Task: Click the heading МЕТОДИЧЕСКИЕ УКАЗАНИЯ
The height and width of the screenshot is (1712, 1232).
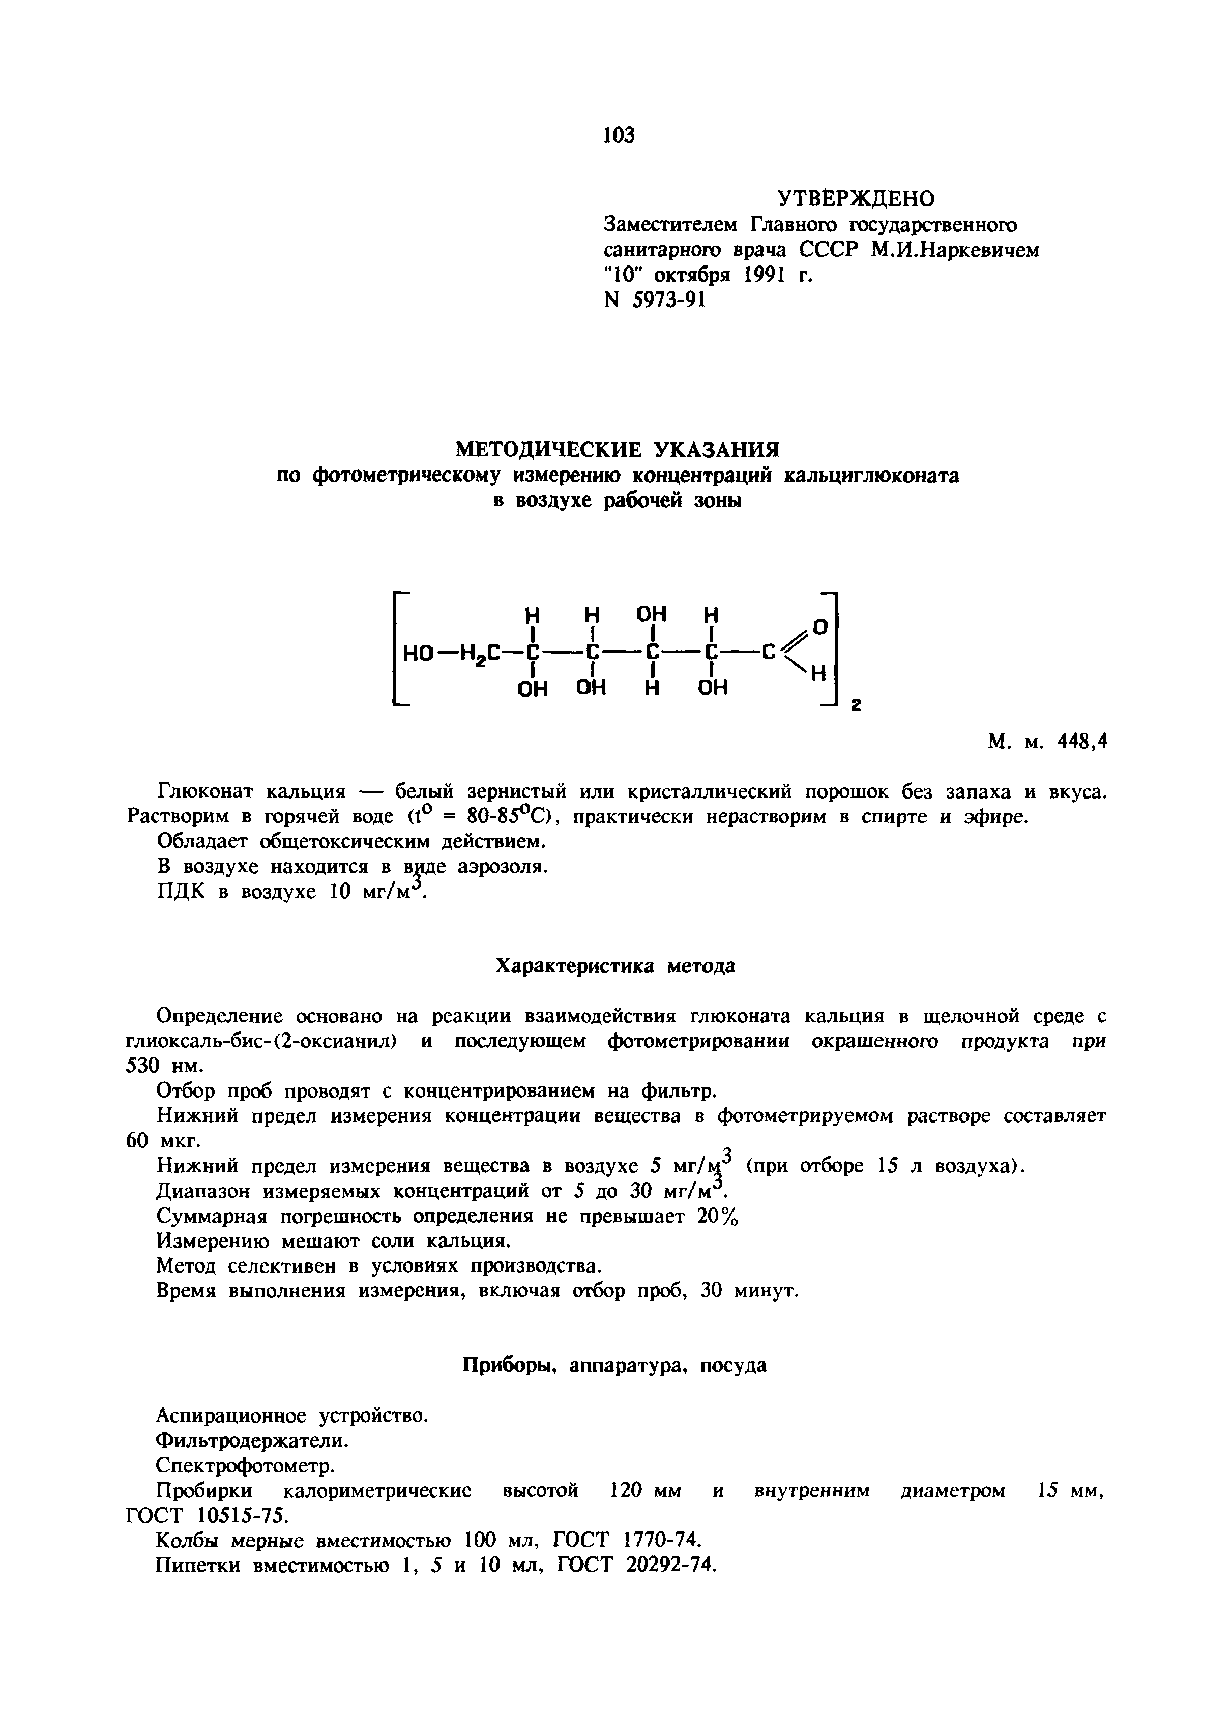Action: tap(616, 450)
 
